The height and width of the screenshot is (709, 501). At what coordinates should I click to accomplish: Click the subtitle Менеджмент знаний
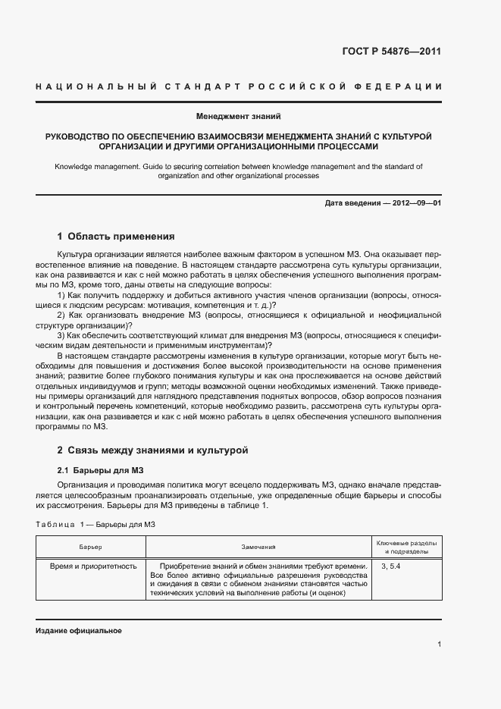pyautogui.click(x=238, y=117)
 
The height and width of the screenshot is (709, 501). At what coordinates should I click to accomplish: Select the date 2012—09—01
pyautogui.click(x=415, y=204)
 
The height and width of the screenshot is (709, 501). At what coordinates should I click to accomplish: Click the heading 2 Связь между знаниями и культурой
pyautogui.click(x=153, y=450)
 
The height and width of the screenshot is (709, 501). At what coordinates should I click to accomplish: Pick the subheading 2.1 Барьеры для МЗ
pyautogui.click(x=96, y=469)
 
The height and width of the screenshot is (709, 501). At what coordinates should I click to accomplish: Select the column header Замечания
pyautogui.click(x=258, y=547)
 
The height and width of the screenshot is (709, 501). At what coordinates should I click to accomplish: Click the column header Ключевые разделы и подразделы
pyautogui.click(x=405, y=547)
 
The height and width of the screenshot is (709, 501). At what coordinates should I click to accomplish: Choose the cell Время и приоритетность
pyautogui.click(x=92, y=566)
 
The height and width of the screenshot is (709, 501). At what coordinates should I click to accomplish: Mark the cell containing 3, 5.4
pyautogui.click(x=391, y=566)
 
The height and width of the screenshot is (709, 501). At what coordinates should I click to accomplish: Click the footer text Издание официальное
pyautogui.click(x=78, y=631)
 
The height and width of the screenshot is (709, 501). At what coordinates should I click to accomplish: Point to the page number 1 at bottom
pyautogui.click(x=439, y=644)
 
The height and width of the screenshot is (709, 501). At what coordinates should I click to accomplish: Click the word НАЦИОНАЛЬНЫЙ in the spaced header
pyautogui.click(x=96, y=87)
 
